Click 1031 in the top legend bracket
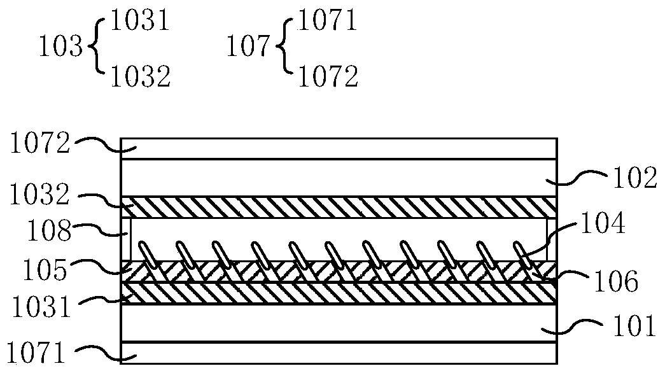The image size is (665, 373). click(x=139, y=21)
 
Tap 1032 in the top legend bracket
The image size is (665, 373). click(x=141, y=78)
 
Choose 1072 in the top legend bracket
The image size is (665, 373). click(x=328, y=78)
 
